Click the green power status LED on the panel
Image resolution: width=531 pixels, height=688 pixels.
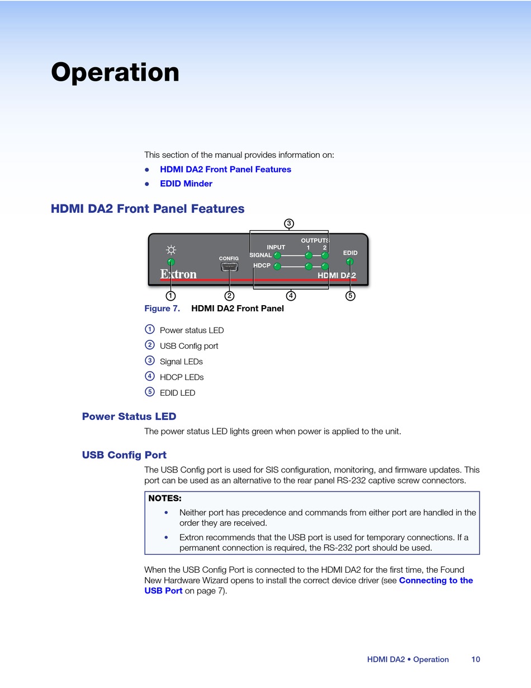tap(171, 262)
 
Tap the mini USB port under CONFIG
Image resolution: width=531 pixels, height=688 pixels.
tap(229, 267)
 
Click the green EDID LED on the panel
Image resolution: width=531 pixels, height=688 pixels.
tap(350, 261)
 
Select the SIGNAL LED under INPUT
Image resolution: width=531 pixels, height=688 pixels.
tap(277, 255)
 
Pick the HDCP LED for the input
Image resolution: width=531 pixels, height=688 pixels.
tap(277, 266)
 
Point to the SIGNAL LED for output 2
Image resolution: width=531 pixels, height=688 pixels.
tap(325, 255)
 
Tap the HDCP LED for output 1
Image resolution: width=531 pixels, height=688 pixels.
tap(309, 266)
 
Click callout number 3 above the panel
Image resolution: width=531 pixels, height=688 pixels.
tap(289, 223)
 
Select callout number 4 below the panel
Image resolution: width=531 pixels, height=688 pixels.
tap(291, 296)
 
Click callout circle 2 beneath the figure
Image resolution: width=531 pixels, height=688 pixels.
tap(229, 296)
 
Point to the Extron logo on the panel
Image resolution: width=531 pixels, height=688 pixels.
tap(178, 274)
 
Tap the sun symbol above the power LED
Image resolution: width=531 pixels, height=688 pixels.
tap(171, 250)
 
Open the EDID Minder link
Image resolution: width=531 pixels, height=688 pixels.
tap(186, 184)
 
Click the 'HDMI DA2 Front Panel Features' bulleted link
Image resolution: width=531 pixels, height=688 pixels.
tap(225, 169)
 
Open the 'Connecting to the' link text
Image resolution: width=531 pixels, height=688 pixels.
tap(436, 581)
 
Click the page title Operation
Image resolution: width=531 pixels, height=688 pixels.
tap(115, 73)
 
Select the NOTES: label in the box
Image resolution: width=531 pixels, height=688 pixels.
tap(165, 498)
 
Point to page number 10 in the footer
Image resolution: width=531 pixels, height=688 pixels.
tap(476, 659)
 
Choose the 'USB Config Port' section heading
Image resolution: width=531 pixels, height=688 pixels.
tap(124, 455)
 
